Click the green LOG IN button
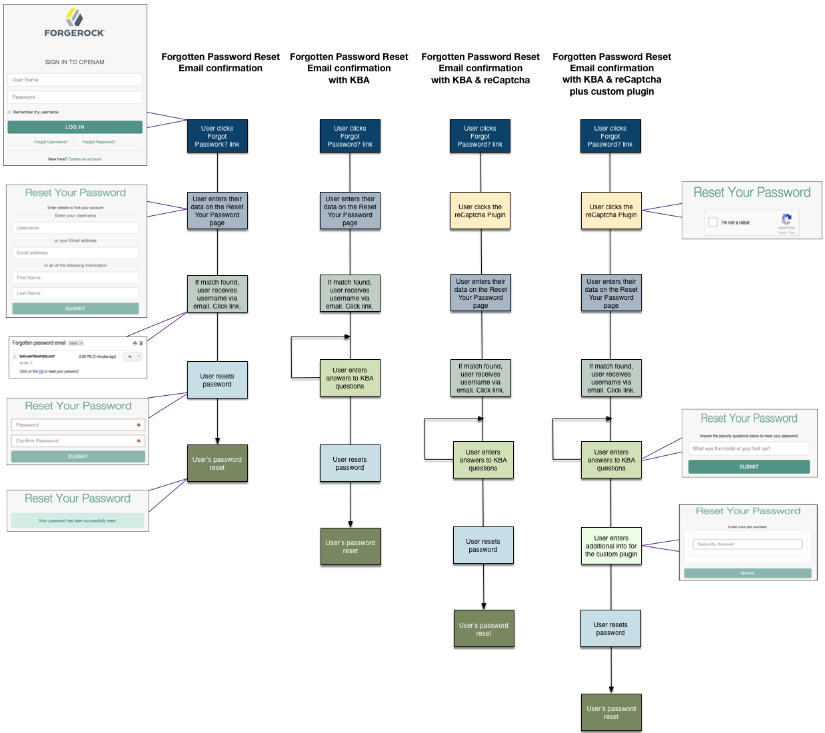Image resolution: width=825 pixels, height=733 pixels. tap(75, 127)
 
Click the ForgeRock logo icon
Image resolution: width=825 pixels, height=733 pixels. tap(75, 17)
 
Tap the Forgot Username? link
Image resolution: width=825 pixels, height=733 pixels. tap(51, 142)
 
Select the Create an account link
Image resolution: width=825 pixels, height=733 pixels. tap(85, 159)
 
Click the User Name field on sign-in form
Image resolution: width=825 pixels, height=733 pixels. tap(75, 80)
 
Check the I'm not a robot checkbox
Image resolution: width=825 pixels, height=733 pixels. tap(713, 223)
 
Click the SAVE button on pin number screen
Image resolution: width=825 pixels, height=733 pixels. tap(747, 573)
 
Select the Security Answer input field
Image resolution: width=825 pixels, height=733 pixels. tap(747, 544)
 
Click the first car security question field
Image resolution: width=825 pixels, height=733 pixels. tap(748, 448)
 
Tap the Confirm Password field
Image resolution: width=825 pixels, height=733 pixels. tap(77, 440)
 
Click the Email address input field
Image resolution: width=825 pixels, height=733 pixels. tap(75, 253)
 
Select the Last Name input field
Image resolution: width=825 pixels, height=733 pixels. tap(75, 293)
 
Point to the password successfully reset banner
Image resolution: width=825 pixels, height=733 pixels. tap(77, 520)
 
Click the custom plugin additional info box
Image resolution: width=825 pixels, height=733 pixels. tap(611, 546)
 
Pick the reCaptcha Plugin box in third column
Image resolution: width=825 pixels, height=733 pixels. tap(480, 211)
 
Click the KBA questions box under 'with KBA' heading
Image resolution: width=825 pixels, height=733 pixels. tap(350, 378)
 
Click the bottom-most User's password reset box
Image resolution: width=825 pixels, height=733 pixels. tap(611, 712)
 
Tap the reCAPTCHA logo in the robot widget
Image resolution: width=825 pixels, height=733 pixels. tap(786, 219)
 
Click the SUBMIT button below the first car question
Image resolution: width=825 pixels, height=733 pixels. tap(748, 467)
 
